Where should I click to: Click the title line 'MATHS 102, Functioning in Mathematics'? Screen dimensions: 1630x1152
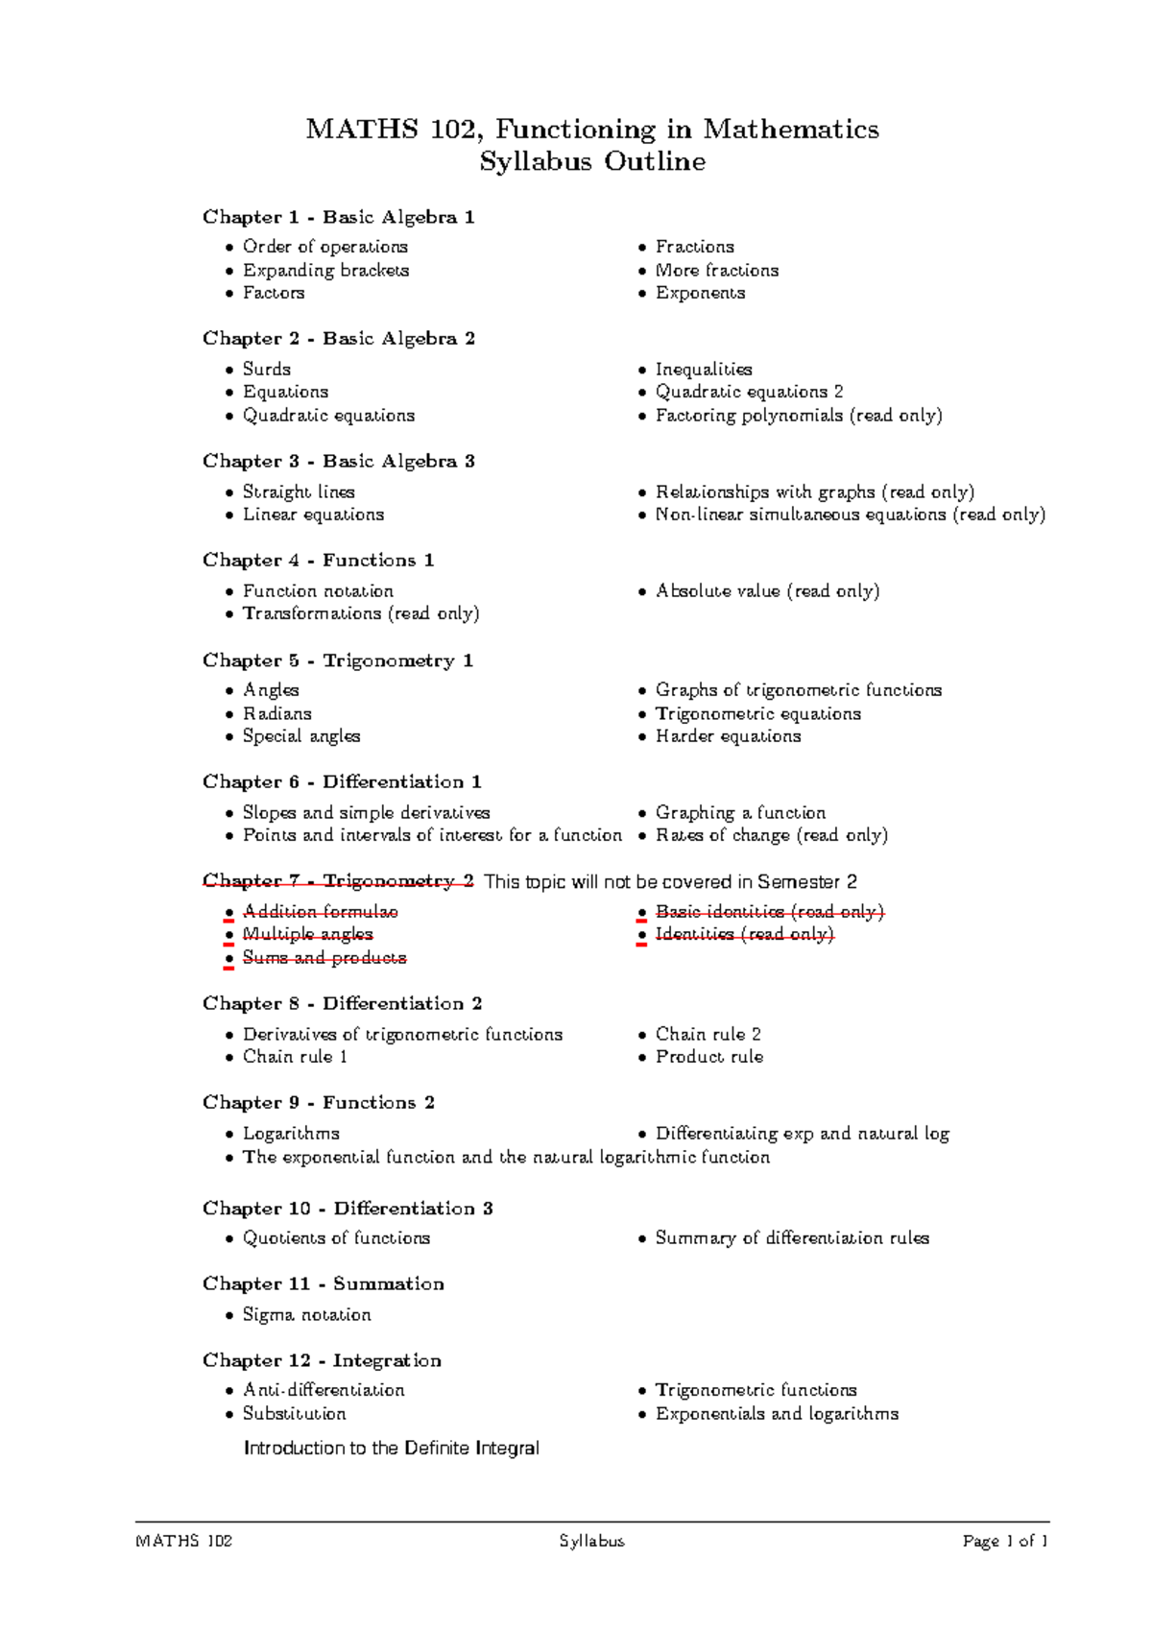[x=591, y=129]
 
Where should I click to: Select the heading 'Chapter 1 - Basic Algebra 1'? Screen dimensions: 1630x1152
[x=338, y=217]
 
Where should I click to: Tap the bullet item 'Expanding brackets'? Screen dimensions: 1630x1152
[x=325, y=271]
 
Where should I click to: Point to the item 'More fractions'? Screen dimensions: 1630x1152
[x=716, y=271]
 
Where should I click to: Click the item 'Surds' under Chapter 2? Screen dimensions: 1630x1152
[x=266, y=369]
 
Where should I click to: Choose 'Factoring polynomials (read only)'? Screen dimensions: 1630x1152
[x=798, y=416]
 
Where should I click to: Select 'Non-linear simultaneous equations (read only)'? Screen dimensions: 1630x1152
[x=850, y=515]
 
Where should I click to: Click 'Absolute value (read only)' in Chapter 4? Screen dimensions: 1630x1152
[x=767, y=591]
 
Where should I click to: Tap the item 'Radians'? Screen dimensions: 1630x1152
[x=276, y=713]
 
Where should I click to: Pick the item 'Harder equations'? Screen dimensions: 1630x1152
[x=728, y=736]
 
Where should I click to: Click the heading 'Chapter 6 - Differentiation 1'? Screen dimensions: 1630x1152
[x=342, y=781]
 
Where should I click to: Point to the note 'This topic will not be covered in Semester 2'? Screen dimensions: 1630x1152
[x=670, y=881]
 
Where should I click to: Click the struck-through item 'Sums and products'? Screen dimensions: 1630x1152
[x=324, y=958]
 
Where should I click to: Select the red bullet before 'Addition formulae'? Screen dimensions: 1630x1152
[x=229, y=913]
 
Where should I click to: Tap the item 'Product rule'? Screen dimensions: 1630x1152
[x=708, y=1057]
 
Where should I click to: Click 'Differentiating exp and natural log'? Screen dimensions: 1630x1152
[x=802, y=1134]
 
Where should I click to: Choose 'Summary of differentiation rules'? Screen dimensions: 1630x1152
[x=791, y=1238]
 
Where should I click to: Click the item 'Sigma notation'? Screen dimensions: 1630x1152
[x=306, y=1315]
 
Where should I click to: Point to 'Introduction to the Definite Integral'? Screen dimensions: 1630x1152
[x=392, y=1448]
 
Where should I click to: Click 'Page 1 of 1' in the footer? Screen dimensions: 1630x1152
[x=1004, y=1542]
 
